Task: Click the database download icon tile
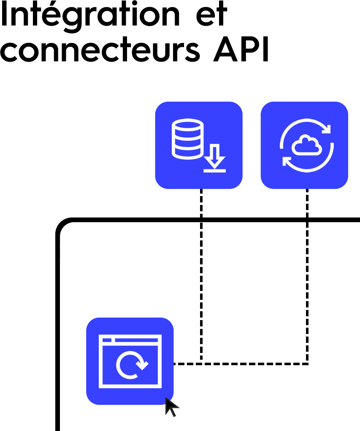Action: tap(199, 145)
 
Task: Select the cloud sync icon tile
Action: tap(304, 145)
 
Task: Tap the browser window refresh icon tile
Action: tap(130, 361)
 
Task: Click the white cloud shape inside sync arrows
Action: tap(307, 145)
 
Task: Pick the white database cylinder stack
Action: tap(187, 139)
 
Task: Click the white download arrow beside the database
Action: tap(215, 159)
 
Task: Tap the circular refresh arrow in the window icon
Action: tap(131, 365)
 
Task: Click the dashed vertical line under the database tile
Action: tap(201, 274)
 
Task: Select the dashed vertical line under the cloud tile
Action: tap(307, 274)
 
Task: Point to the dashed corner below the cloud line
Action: tap(307, 363)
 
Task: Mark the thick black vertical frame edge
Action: tap(58, 337)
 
